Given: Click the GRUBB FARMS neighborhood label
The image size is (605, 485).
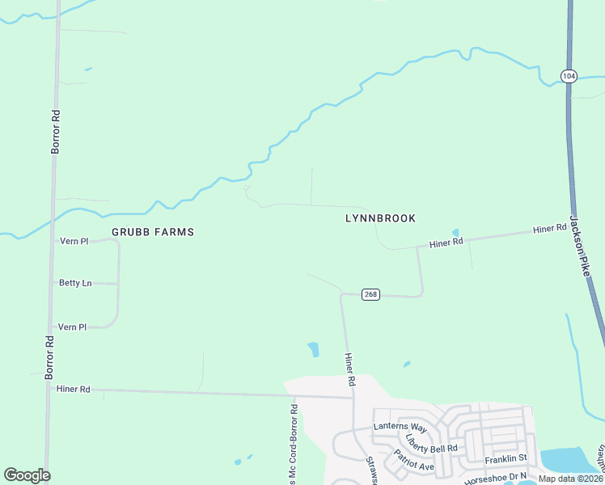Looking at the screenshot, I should click(x=153, y=232).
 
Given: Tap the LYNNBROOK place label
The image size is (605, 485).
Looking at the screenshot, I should click(x=380, y=218).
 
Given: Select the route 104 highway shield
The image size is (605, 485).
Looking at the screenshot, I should click(x=569, y=75).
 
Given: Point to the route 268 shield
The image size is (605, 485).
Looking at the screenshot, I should click(x=370, y=294).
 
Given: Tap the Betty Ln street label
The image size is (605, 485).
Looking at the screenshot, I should click(x=74, y=283).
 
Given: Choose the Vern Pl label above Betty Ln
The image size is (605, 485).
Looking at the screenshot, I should click(x=74, y=241).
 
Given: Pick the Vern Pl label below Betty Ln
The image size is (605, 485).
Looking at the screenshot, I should click(x=73, y=327).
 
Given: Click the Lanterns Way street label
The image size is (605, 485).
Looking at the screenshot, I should click(x=400, y=426).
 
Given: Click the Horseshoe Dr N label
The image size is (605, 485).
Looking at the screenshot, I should click(x=489, y=476).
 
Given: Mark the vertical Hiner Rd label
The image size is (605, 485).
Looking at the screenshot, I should click(x=350, y=369).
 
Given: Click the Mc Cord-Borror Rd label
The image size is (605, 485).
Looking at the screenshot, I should click(x=294, y=445).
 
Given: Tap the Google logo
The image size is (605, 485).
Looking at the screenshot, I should click(x=27, y=475).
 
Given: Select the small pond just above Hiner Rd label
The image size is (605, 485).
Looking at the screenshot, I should click(x=455, y=233).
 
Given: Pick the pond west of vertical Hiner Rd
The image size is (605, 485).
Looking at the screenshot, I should click(x=313, y=349).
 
